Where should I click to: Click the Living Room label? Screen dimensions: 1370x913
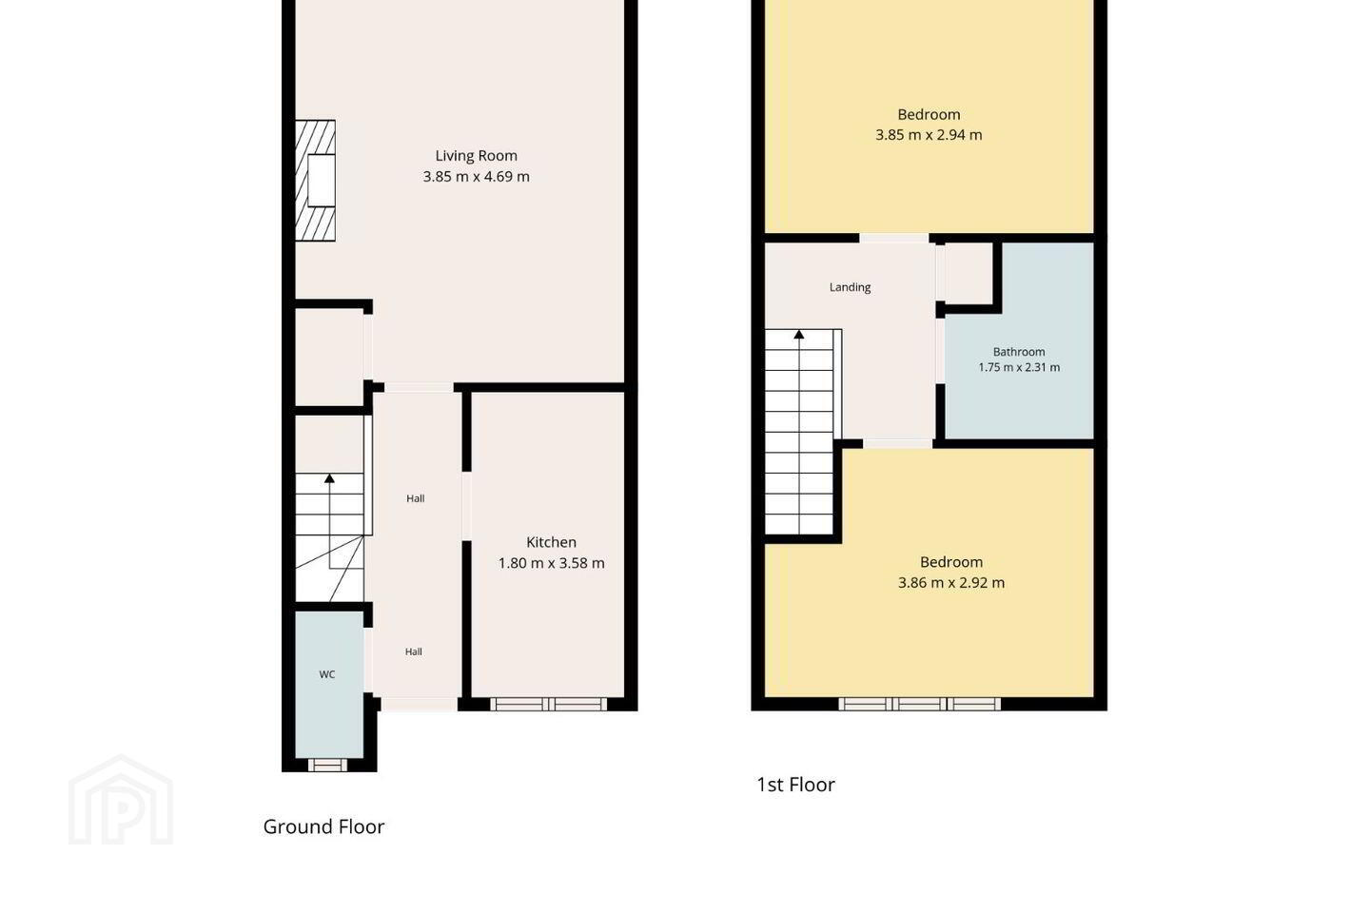point(476,156)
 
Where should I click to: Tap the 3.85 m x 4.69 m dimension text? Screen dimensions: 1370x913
point(476,177)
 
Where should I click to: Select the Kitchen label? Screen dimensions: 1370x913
point(551,542)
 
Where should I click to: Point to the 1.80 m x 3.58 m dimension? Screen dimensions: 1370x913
point(551,563)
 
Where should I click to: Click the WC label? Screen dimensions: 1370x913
point(326,674)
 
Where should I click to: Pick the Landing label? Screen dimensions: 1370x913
point(850,287)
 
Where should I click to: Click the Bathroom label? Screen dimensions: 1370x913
point(1018,352)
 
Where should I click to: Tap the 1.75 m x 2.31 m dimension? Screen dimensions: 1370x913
point(1019,367)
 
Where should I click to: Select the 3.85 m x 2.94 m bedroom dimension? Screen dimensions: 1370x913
point(929,135)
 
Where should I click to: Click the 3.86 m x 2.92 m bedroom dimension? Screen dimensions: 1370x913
point(951,583)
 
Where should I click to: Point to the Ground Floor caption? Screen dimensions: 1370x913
point(323,826)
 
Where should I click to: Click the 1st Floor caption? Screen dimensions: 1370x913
point(795,785)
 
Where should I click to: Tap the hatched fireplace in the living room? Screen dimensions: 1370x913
point(315,181)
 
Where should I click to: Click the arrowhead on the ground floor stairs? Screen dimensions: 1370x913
point(329,478)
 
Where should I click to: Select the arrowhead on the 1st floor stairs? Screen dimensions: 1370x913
point(799,335)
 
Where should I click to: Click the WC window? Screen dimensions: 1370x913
point(327,765)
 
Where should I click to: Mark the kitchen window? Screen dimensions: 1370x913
point(549,704)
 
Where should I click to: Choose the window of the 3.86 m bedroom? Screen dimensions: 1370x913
point(919,704)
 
